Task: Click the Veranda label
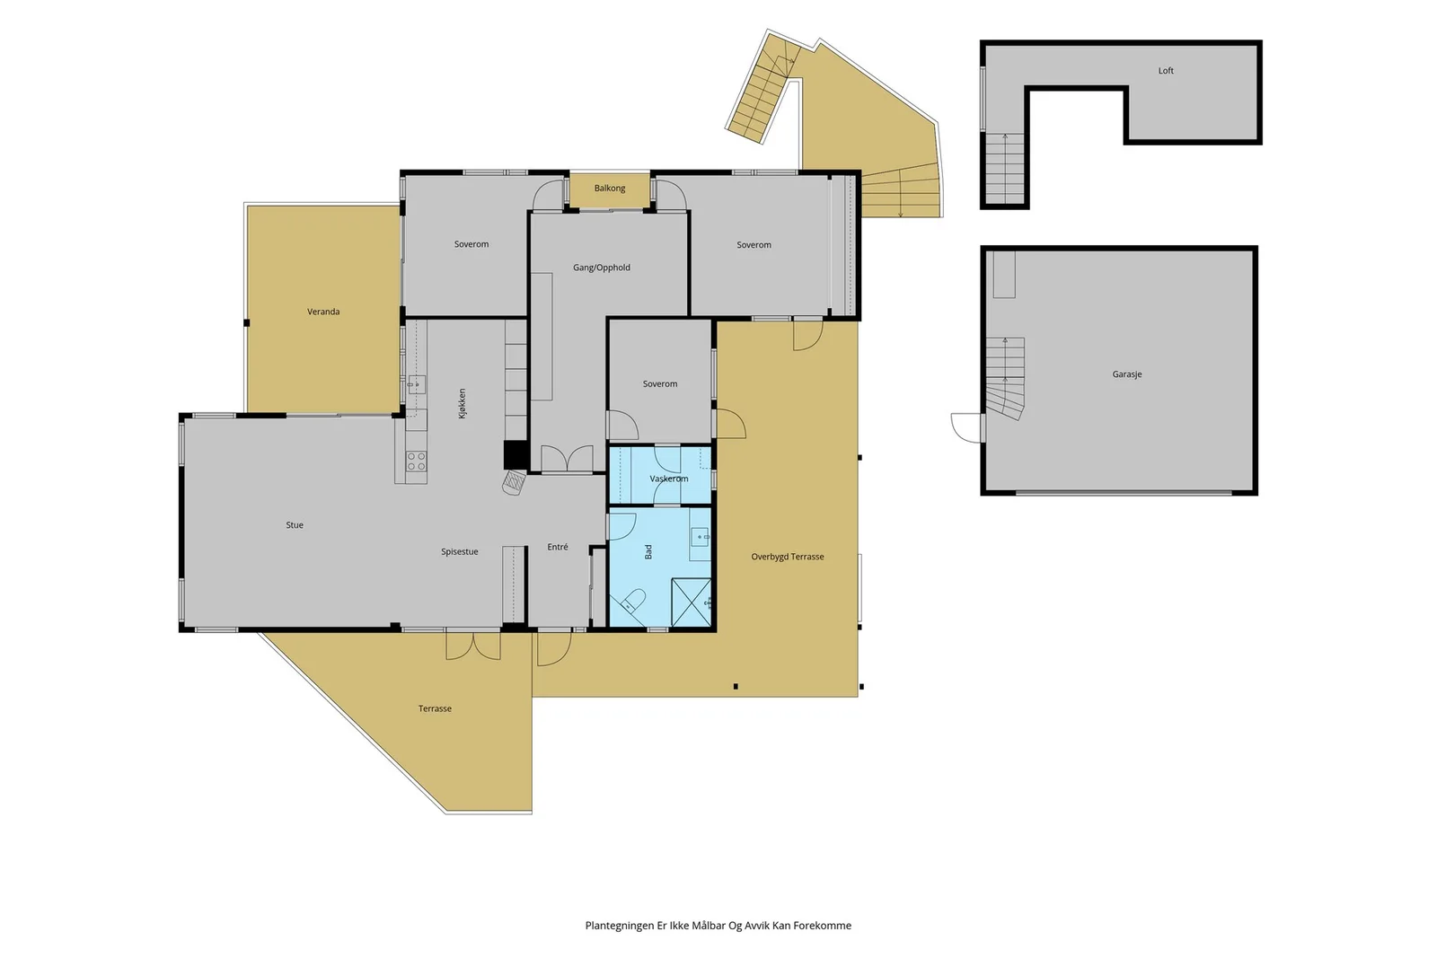click(323, 312)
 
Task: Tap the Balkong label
click(610, 188)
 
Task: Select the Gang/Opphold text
click(602, 268)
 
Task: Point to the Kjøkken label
click(462, 403)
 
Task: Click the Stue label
click(295, 524)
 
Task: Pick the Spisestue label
click(459, 551)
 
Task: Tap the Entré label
click(558, 547)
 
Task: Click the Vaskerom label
click(669, 479)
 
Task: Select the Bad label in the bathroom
click(648, 551)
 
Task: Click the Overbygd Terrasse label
click(788, 557)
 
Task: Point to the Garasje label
click(1127, 374)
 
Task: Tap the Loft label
click(1166, 71)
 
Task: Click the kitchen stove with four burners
click(416, 461)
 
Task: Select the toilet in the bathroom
click(632, 601)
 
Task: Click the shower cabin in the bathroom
click(692, 602)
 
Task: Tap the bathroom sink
click(701, 536)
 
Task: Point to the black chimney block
click(516, 455)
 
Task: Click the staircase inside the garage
click(1005, 378)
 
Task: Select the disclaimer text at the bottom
click(718, 926)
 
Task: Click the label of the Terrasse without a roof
click(435, 708)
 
